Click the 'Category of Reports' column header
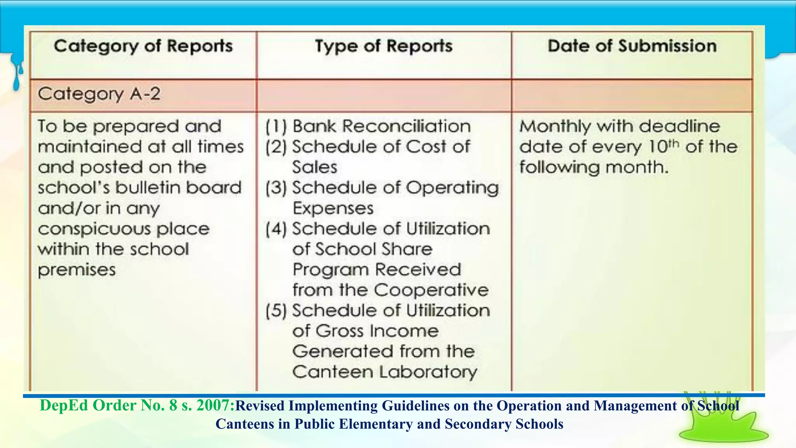click(x=143, y=46)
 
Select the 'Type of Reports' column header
click(x=384, y=46)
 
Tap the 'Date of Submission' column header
click(x=632, y=46)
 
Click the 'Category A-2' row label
click(x=99, y=94)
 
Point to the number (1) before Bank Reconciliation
click(x=276, y=127)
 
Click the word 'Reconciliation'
click(x=407, y=126)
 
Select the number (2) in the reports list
click(x=276, y=147)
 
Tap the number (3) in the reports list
click(x=276, y=188)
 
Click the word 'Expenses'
click(x=333, y=209)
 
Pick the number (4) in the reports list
click(x=276, y=229)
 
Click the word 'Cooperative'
click(x=431, y=290)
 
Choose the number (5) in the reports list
click(x=276, y=311)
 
